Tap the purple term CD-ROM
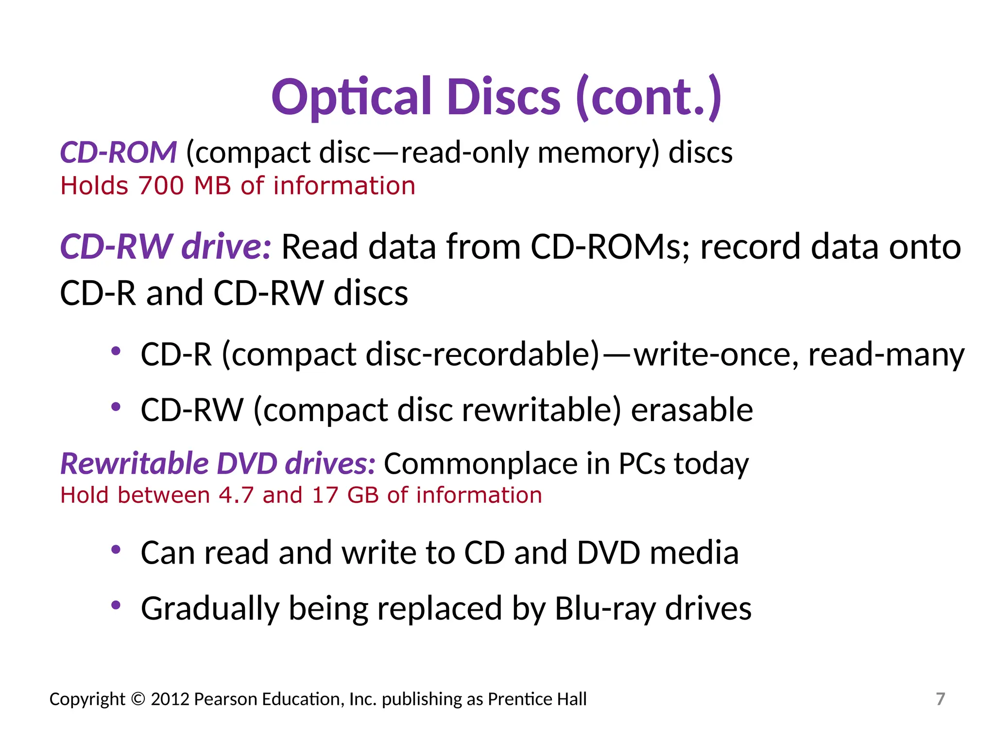pos(118,152)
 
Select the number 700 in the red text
pos(161,186)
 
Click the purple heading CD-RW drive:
pos(165,247)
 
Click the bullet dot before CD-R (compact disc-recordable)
pos(116,351)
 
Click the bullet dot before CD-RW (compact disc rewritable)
pos(116,407)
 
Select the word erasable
pos(691,410)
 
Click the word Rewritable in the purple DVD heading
pos(134,463)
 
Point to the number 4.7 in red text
pos(236,496)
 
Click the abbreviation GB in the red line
pos(363,496)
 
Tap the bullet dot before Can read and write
pos(116,550)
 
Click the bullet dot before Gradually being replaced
pos(116,605)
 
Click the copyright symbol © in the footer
pos(138,699)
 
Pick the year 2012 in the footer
pos(170,699)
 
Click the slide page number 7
pos(940,699)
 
